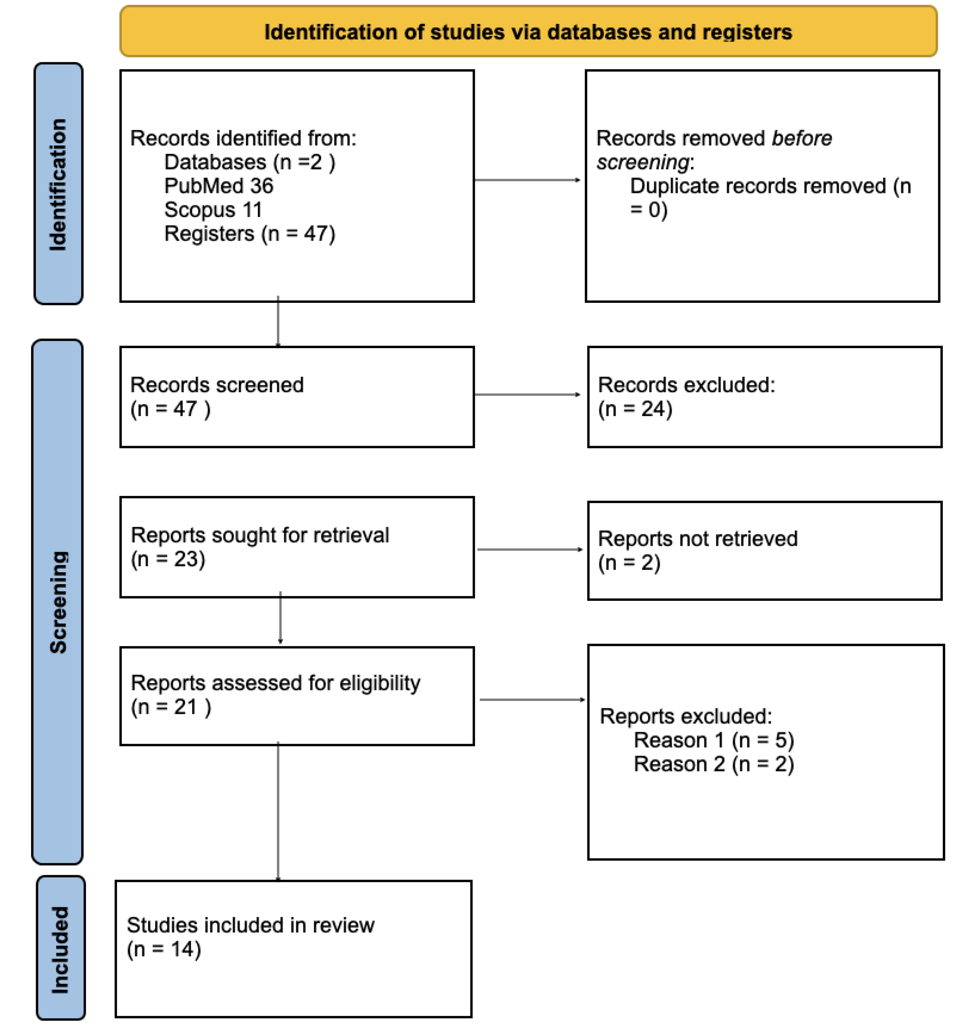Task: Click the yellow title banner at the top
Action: (x=528, y=31)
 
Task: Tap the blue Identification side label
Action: (x=58, y=184)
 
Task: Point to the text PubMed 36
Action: (x=218, y=186)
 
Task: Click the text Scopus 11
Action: (x=213, y=210)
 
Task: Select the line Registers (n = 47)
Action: (x=249, y=234)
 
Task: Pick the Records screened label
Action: (x=216, y=385)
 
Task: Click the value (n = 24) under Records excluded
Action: (x=635, y=409)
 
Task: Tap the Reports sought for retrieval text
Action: (x=259, y=535)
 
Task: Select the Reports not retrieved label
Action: (x=697, y=539)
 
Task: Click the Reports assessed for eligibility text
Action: (x=275, y=683)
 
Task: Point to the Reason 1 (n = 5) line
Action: (x=713, y=740)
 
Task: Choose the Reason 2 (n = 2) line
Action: (x=713, y=764)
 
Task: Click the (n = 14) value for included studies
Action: (x=164, y=949)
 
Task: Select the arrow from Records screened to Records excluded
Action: (x=527, y=394)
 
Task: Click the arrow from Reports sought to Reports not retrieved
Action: (x=529, y=549)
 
